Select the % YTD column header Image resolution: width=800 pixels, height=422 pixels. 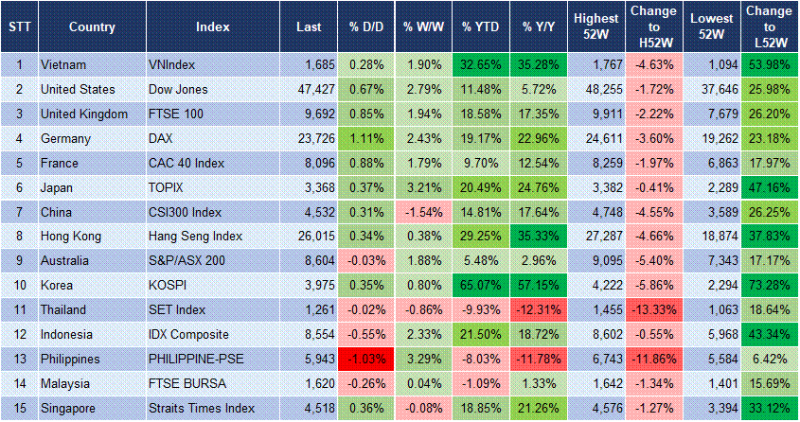pyautogui.click(x=481, y=26)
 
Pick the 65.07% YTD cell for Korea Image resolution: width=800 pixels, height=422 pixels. pyautogui.click(x=481, y=281)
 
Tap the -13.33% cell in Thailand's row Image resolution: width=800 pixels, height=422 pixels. pyautogui.click(x=654, y=308)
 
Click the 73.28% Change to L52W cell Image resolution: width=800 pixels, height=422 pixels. pyautogui.click(x=770, y=281)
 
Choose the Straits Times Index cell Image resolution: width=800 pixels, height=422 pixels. pyautogui.click(x=202, y=409)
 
